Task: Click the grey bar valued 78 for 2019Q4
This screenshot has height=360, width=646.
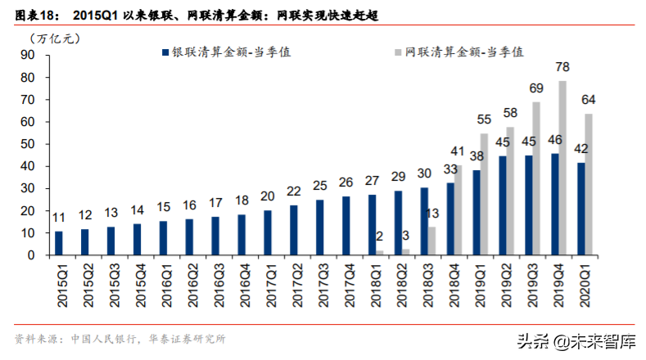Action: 562,168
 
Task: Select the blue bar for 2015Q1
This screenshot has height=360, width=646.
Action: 58,243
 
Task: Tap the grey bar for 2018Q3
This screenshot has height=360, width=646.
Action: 431,241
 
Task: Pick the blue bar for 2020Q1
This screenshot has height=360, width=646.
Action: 580,209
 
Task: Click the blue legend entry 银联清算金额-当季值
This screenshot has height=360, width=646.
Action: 228,51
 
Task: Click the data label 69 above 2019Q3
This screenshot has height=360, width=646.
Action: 536,88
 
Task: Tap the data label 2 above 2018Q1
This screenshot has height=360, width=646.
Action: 378,237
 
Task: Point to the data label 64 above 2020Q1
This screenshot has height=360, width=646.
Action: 588,100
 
